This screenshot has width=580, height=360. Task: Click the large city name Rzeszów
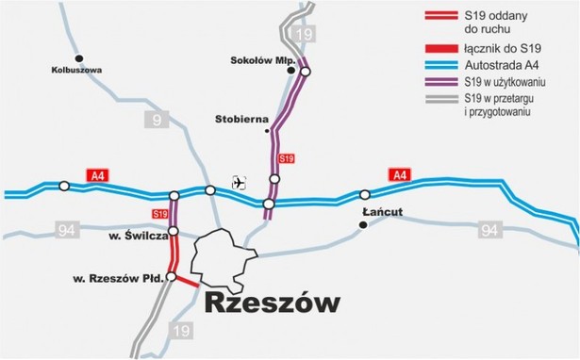271,303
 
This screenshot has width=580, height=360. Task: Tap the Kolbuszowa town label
77,70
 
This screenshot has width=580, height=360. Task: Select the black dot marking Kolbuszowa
79,57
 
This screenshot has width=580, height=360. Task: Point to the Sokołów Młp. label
258,61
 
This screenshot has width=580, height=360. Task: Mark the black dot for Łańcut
363,225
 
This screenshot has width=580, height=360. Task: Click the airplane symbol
239,183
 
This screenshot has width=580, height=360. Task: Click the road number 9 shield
154,119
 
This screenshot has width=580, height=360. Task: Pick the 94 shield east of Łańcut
488,230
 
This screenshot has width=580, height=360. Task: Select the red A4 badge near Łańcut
400,174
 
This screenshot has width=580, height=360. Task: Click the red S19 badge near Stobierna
287,158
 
